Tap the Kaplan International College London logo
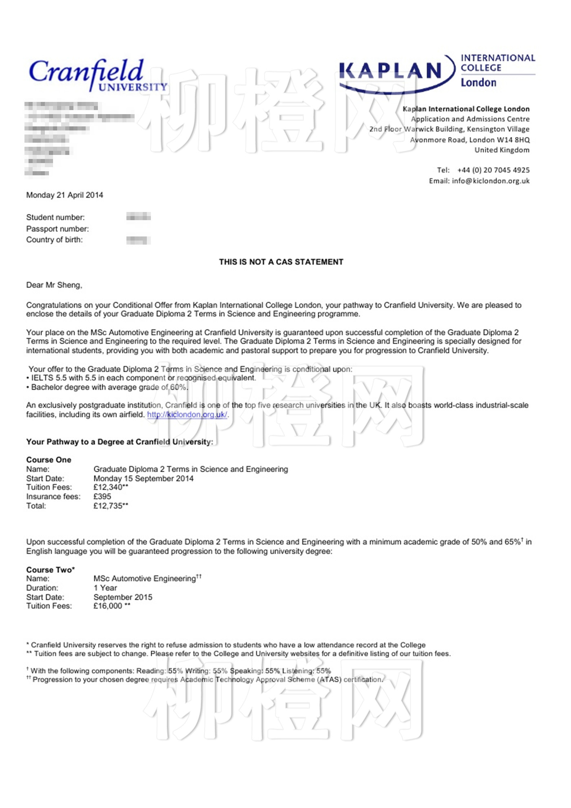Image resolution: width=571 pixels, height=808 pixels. click(436, 72)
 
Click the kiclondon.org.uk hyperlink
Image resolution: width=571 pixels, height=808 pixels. click(187, 415)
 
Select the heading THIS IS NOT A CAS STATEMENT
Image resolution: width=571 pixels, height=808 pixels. click(281, 262)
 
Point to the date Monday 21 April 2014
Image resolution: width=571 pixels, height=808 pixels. click(64, 195)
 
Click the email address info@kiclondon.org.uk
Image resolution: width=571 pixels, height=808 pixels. click(490, 181)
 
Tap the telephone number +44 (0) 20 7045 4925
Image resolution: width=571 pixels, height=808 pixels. click(493, 170)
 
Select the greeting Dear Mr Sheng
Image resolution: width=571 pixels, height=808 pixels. click(54, 285)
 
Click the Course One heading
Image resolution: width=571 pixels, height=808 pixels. click(49, 460)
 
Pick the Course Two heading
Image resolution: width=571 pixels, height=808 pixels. click(50, 570)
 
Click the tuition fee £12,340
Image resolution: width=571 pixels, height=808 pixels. click(108, 488)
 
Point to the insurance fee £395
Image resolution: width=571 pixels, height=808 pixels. click(102, 497)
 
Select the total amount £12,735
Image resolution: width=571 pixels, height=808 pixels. click(108, 506)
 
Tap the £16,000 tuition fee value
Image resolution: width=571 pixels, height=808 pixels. click(108, 606)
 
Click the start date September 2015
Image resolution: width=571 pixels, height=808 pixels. click(123, 597)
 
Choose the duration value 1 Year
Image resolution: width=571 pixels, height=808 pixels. click(105, 588)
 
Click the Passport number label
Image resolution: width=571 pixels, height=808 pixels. click(58, 229)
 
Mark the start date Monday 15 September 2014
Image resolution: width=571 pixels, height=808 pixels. click(144, 479)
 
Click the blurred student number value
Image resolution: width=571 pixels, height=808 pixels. click(138, 217)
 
